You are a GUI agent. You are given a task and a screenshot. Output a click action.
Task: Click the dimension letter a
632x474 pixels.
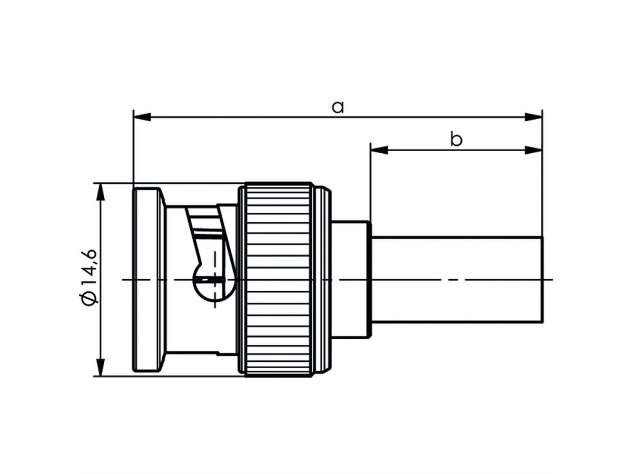(x=338, y=107)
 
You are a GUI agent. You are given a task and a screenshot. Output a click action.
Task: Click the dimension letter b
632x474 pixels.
(x=456, y=140)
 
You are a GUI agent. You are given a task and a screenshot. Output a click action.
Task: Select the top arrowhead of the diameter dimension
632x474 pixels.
(x=100, y=192)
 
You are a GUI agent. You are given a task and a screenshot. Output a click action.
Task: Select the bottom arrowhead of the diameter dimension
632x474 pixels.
(x=100, y=368)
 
